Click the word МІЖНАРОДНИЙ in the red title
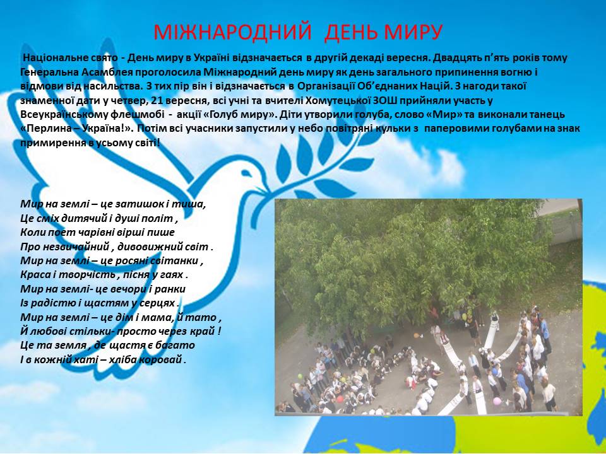(232, 32)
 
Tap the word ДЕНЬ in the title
(350, 32)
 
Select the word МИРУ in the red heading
(413, 32)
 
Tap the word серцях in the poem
(158, 303)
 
